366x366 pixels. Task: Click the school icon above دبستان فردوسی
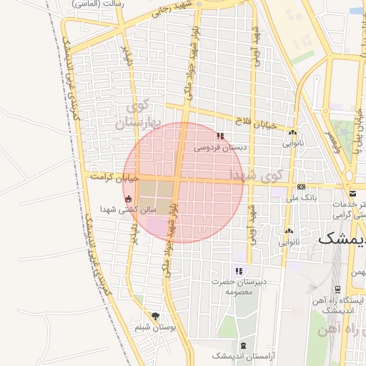[220, 136]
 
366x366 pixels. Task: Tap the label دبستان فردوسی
[220, 148]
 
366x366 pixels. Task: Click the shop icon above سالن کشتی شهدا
[129, 199]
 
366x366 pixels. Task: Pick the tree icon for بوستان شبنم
[156, 316]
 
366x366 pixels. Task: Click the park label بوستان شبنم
[156, 327]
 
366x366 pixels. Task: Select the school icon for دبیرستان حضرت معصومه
[239, 271]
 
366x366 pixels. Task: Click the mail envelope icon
[353, 194]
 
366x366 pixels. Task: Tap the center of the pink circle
[184, 182]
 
